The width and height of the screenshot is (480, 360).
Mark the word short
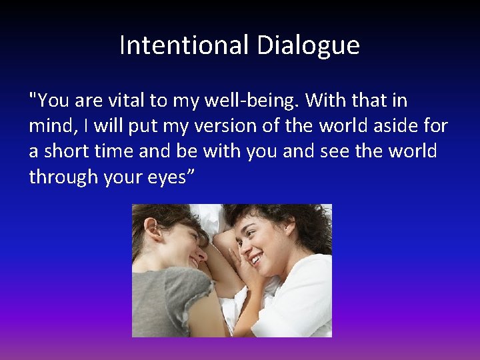click(x=69, y=151)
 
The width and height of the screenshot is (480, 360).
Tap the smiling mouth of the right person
click(x=256, y=258)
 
